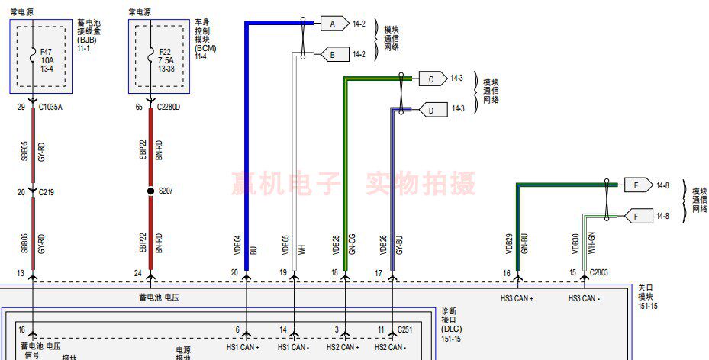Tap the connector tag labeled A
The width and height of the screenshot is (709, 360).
(332, 24)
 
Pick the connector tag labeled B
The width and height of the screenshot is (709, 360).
(332, 55)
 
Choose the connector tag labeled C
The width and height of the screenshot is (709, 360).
(431, 79)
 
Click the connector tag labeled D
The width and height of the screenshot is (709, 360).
(431, 110)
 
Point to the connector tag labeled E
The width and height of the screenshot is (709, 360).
(635, 185)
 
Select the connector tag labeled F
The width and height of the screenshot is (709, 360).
(635, 216)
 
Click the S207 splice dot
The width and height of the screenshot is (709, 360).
(151, 190)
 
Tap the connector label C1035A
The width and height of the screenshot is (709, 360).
(50, 108)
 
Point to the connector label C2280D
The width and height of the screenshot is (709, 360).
(169, 108)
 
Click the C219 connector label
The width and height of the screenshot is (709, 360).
(48, 192)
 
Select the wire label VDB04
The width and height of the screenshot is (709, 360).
(237, 244)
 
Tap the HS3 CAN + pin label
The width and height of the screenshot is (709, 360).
(517, 298)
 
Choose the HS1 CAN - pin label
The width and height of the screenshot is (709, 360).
(294, 347)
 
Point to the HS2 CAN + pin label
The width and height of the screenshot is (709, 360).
(343, 347)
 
